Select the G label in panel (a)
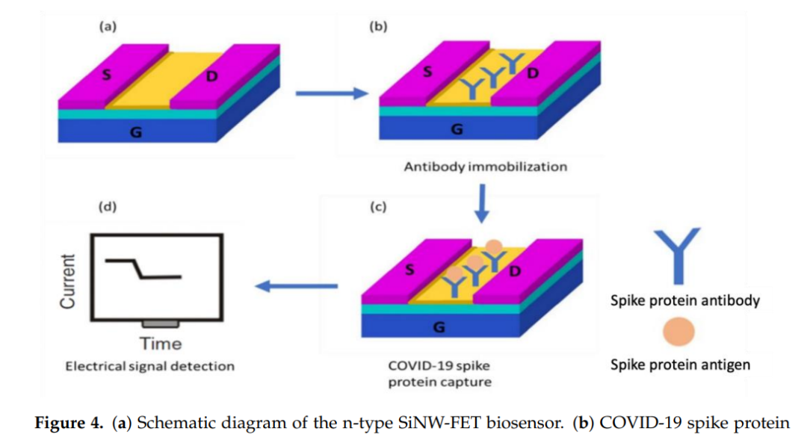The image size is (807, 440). point(136,132)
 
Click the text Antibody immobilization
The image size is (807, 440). point(485,167)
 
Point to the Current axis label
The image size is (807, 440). point(69,281)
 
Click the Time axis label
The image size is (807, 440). point(161,344)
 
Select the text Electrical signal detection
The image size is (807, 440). point(149,366)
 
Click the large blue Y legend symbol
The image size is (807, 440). point(679,250)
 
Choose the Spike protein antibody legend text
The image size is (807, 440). point(685,300)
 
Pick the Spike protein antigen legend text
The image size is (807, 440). point(680,365)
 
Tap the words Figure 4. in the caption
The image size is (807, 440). point(69,423)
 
